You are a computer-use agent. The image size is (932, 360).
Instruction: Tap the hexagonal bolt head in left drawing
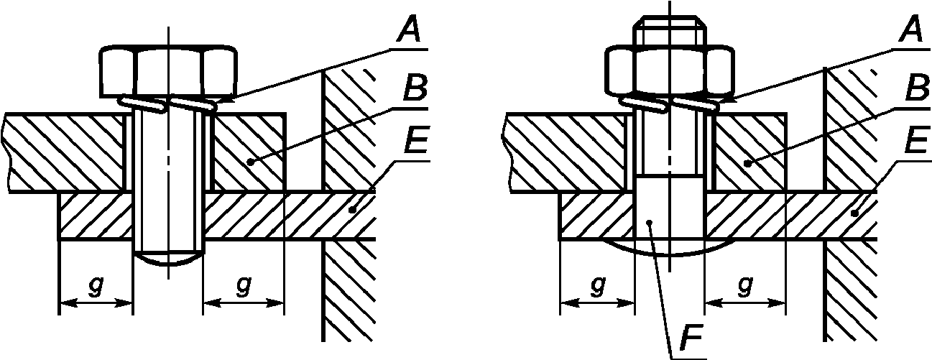pos(169,70)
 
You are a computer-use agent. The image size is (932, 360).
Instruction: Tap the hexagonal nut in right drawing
pos(670,70)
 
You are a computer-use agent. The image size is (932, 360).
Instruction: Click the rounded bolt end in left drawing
pos(169,259)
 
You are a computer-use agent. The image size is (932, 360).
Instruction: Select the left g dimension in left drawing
pos(96,286)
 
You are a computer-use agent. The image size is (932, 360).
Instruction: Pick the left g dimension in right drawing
pos(597,286)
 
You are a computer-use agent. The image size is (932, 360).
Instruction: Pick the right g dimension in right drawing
pos(744,286)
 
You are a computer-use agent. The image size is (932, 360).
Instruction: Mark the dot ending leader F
pos(649,223)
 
